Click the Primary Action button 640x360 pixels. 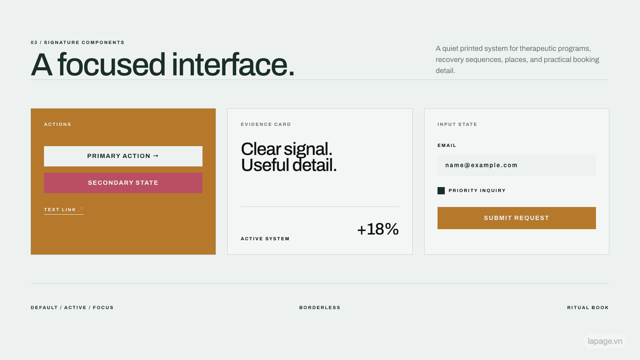click(x=123, y=156)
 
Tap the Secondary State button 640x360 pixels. click(x=123, y=183)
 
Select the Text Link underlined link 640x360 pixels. click(x=64, y=210)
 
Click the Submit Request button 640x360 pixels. click(x=517, y=218)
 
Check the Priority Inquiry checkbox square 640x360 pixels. click(x=441, y=191)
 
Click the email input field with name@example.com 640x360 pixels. click(x=517, y=165)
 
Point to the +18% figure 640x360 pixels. click(x=378, y=229)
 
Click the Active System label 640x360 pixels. click(x=265, y=239)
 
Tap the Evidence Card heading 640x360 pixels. click(x=266, y=124)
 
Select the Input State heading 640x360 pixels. click(x=457, y=124)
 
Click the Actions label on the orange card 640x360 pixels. click(x=57, y=124)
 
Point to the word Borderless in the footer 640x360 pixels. click(x=320, y=308)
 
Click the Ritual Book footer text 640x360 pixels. click(x=588, y=308)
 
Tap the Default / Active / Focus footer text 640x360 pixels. click(x=72, y=308)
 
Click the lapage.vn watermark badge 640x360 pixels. click(x=605, y=341)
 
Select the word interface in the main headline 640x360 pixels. click(x=233, y=65)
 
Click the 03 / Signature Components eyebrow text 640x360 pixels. click(x=77, y=42)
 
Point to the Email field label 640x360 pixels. click(x=447, y=145)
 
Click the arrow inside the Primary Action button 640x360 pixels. click(x=156, y=156)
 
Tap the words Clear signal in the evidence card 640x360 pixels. click(x=287, y=149)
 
